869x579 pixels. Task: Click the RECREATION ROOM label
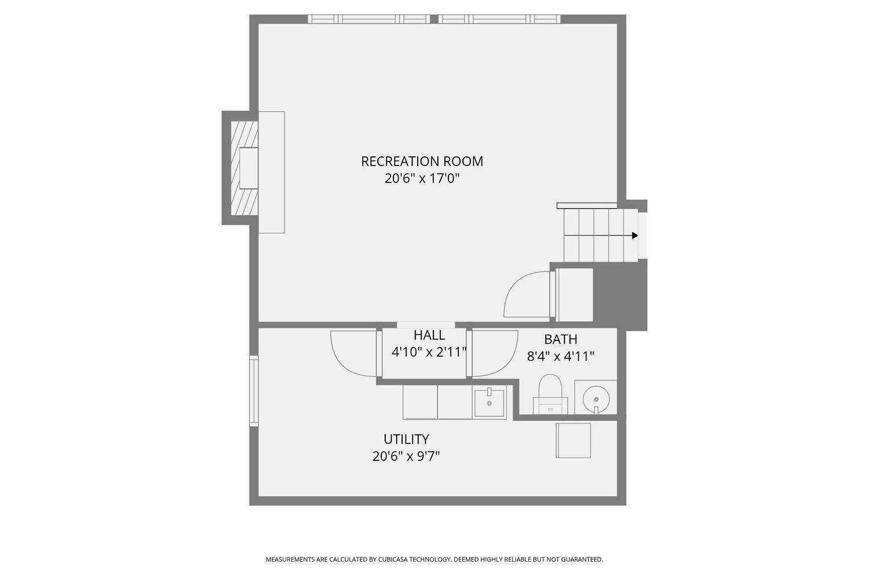pos(422,161)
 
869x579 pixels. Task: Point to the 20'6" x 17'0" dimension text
pos(422,178)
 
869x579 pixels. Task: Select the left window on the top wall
pos(368,19)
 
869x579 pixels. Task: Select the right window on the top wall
pos(499,19)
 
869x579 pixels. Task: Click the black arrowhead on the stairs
pos(635,236)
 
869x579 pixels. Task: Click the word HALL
pos(429,335)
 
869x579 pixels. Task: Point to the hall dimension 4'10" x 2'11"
pos(429,352)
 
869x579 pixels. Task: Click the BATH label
pos(560,339)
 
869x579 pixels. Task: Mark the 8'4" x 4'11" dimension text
pos(560,356)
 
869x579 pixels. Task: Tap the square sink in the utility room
pos(490,403)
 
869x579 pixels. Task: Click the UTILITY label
pos(406,439)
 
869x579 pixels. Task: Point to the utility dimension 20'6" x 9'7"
pos(406,456)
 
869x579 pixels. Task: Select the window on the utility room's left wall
pos(254,391)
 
